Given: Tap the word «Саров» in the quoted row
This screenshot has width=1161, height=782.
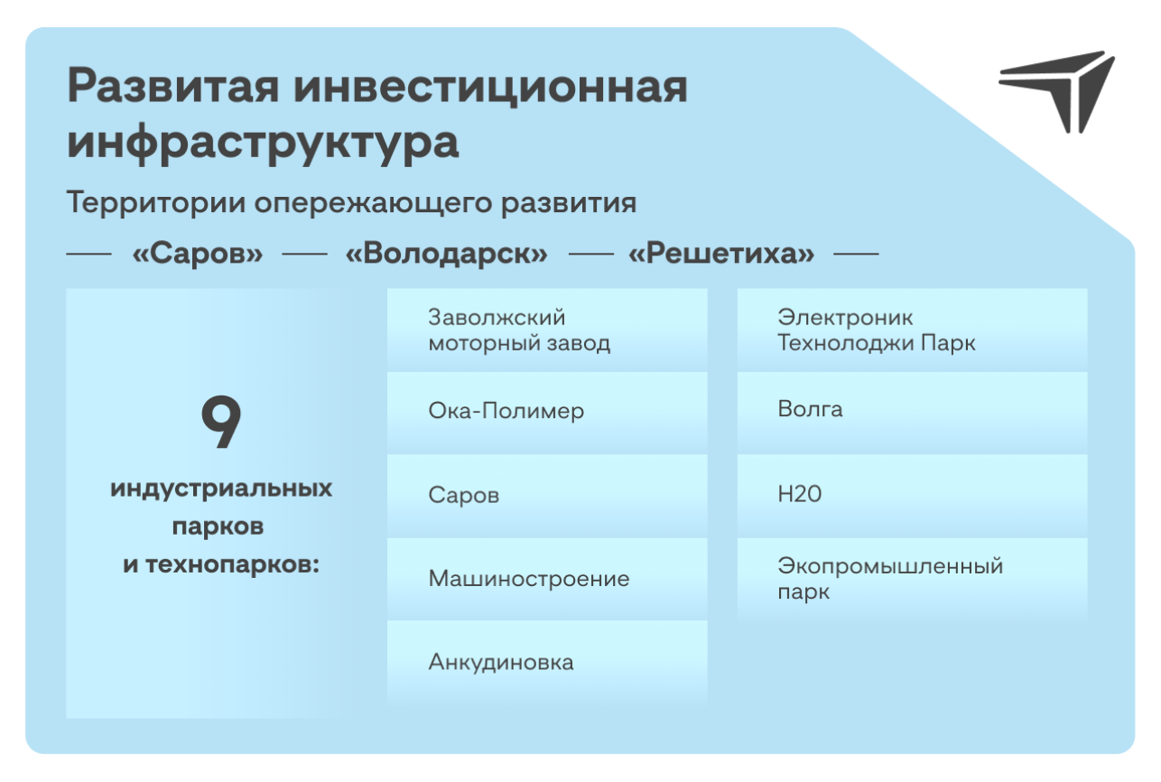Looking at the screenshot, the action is click(198, 254).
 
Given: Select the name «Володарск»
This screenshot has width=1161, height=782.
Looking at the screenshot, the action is click(447, 254).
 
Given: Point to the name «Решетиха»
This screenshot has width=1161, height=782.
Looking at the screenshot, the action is click(721, 254).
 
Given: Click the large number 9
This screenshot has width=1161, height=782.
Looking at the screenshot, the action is click(221, 421).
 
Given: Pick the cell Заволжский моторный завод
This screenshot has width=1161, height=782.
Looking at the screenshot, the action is click(547, 330).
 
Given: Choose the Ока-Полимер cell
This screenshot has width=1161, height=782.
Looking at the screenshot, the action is click(547, 413).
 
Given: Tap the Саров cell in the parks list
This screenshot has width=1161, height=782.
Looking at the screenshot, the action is click(547, 496).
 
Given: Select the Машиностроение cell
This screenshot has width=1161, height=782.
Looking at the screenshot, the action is click(547, 579).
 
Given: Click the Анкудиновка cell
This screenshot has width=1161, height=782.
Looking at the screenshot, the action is click(547, 662).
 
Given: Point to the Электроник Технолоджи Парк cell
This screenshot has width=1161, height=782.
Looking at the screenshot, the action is click(912, 330).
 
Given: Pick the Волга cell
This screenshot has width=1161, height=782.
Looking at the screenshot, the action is click(912, 413).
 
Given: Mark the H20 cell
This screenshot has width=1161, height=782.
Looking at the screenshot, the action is click(912, 496).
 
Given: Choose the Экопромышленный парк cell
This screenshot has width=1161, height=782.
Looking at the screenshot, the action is click(912, 579).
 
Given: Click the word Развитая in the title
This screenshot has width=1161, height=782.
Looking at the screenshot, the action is click(173, 87).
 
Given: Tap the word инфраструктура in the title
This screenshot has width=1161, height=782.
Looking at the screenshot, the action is click(263, 142).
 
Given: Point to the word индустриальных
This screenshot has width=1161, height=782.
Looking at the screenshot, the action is click(221, 489).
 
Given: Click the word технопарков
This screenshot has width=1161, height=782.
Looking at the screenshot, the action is click(232, 564).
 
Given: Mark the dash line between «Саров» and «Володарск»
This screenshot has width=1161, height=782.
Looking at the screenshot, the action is click(304, 254).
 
